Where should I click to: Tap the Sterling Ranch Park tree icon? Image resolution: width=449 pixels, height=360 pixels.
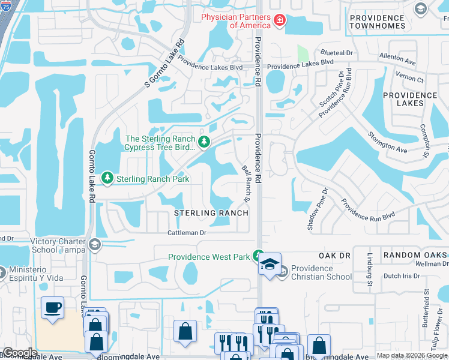click(107, 178)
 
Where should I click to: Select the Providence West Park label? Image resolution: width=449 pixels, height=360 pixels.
click(208, 257)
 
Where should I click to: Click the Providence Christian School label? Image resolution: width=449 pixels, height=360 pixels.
click(321, 272)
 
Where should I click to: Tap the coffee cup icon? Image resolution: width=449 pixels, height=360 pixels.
click(52, 308)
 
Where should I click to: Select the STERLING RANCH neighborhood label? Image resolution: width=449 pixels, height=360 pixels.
click(211, 213)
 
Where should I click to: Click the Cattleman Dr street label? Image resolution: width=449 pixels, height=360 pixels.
click(187, 232)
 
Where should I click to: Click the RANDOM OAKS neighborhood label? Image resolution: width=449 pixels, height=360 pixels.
click(415, 255)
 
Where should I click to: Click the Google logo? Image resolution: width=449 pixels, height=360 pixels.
click(20, 353)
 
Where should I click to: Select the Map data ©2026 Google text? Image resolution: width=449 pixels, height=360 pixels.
click(412, 356)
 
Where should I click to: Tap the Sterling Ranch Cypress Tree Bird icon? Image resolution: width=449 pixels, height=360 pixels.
click(205, 142)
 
